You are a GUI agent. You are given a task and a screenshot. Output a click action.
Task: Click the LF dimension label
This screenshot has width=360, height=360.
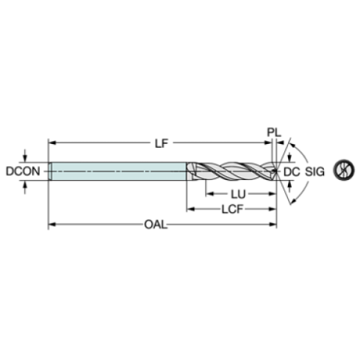pyautogui.click(x=162, y=143)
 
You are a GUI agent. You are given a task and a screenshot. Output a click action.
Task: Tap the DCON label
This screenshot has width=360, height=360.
pyautogui.click(x=23, y=171)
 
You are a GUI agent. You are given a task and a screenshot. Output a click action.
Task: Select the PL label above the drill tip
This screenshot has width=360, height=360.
pyautogui.click(x=274, y=132)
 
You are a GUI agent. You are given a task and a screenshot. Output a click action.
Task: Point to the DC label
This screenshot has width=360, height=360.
pyautogui.click(x=292, y=172)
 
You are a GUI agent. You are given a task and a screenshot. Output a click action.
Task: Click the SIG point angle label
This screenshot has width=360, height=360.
pyautogui.click(x=314, y=172)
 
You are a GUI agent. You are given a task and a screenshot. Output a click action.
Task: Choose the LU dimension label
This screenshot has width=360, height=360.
pyautogui.click(x=238, y=195)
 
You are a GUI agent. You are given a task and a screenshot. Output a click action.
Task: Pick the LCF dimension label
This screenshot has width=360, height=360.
pyautogui.click(x=232, y=209)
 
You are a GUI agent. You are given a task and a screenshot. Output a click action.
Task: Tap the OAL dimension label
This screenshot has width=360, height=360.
pyautogui.click(x=156, y=224)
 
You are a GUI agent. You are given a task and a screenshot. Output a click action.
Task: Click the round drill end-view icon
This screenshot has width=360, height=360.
pyautogui.click(x=344, y=170)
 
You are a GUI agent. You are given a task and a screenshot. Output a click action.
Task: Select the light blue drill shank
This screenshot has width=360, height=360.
pyautogui.click(x=118, y=171)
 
